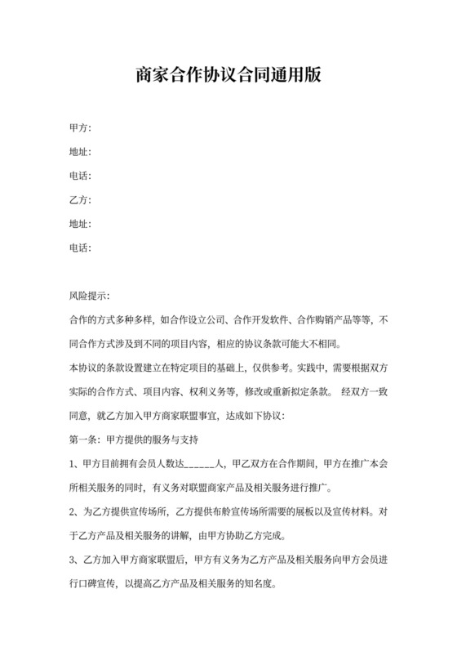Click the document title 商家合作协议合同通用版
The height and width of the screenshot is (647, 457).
228,76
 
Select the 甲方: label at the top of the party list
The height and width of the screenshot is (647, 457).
81,127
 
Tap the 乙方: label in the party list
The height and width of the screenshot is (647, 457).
81,200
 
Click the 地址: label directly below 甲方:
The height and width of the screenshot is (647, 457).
81,152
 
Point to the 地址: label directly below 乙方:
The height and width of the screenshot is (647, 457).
81,224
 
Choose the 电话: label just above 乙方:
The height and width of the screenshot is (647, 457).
81,176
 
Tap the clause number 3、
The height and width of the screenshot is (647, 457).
74,561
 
